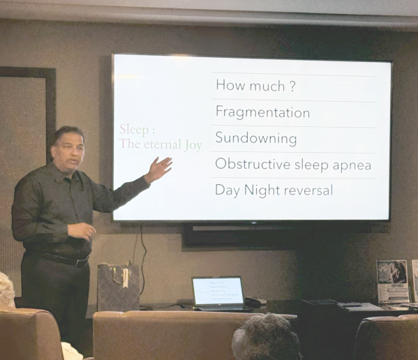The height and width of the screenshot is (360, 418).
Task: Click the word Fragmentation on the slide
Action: pyautogui.click(x=262, y=112)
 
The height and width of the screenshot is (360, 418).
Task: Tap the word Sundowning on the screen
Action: pyautogui.click(x=255, y=138)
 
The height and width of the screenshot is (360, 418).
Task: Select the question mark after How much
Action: pyautogui.click(x=292, y=86)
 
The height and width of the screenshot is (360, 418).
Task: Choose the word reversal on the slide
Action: pyautogui.click(x=306, y=190)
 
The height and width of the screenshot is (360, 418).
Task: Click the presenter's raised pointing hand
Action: pyautogui.click(x=158, y=170)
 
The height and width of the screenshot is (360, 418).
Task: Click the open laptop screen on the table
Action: pyautogui.click(x=218, y=291)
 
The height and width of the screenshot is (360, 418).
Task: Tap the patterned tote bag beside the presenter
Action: pyautogui.click(x=118, y=287)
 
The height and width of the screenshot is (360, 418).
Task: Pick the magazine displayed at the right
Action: pyautogui.click(x=392, y=281)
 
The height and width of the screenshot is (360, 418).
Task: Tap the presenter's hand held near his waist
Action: pyautogui.click(x=82, y=230)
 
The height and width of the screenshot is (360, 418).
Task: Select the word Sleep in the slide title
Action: pyautogui.click(x=133, y=130)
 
